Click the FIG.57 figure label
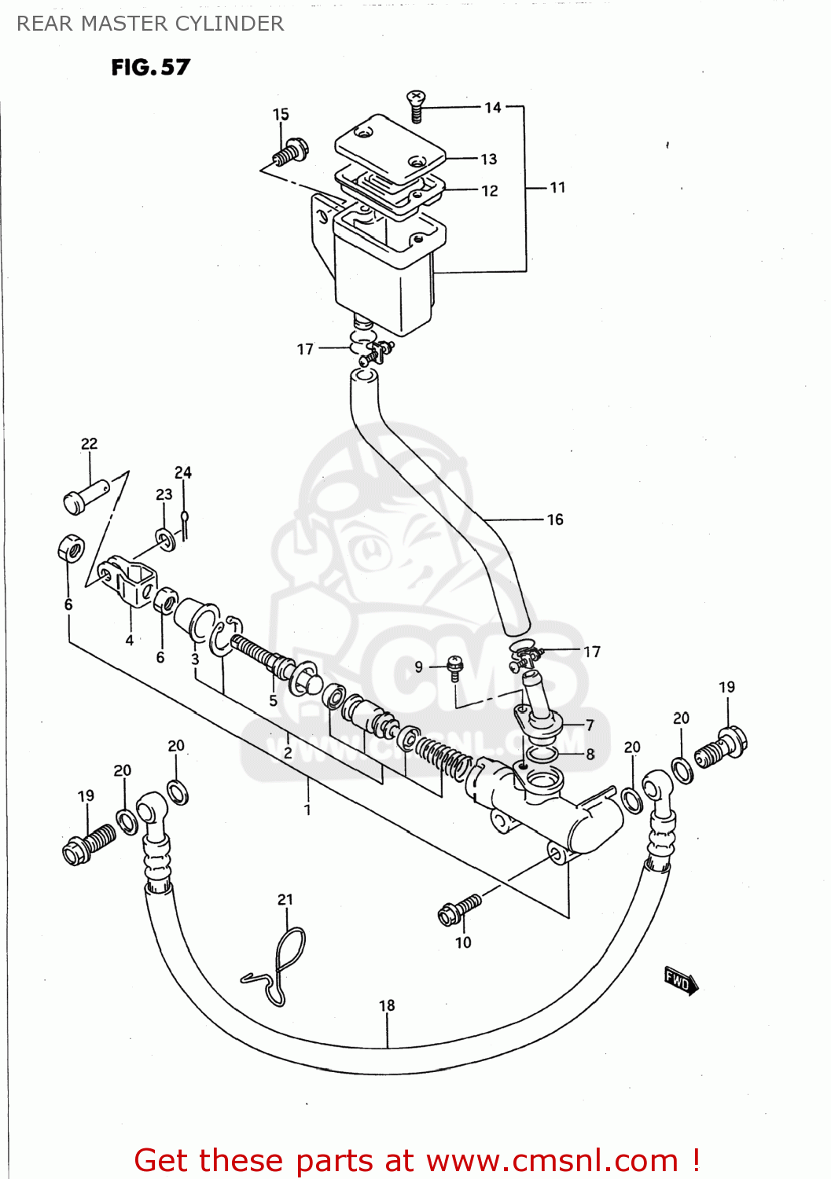(150, 68)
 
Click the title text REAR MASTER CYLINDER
(150, 24)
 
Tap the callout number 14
(492, 108)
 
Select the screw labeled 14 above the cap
(416, 105)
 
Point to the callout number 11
(557, 188)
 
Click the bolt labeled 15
(291, 152)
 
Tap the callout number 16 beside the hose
(555, 520)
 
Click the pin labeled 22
(83, 498)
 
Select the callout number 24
(182, 472)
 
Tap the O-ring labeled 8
(542, 755)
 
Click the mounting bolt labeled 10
(459, 909)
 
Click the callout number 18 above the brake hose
(387, 1005)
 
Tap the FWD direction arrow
(681, 980)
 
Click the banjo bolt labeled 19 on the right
(723, 747)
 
